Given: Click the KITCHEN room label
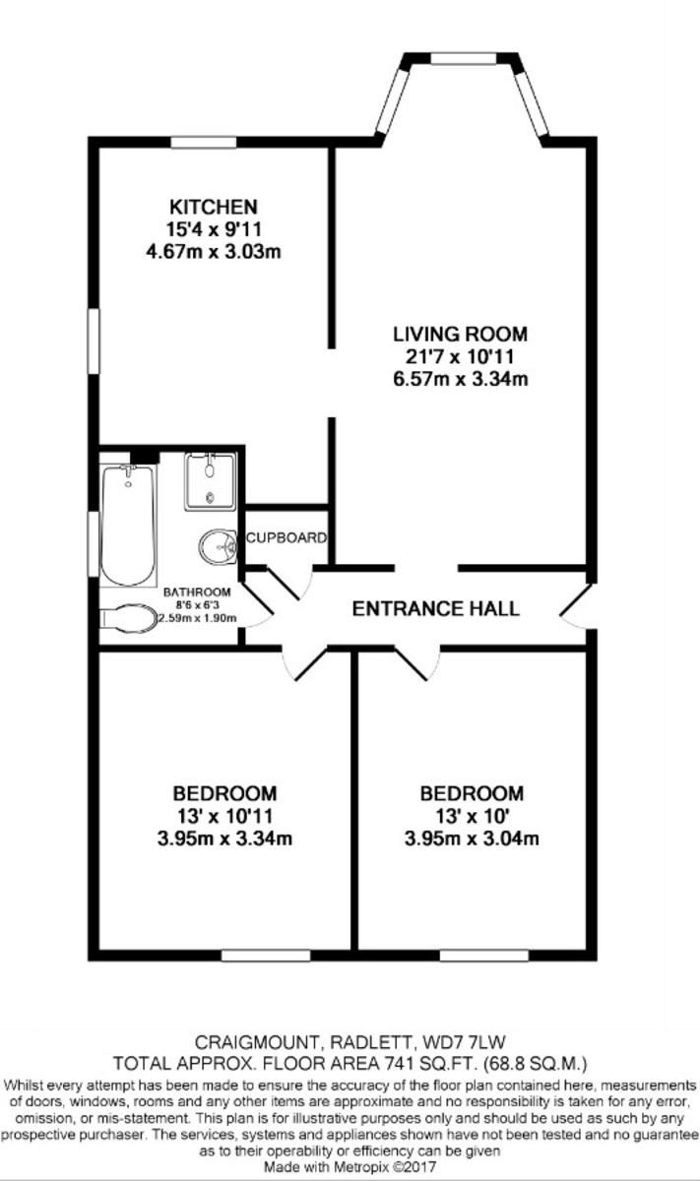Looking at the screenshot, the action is (213, 206).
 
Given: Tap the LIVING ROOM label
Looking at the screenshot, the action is (460, 334).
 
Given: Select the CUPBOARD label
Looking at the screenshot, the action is (286, 537).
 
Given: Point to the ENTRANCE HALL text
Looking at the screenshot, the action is (436, 609).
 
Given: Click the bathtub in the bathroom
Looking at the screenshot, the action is (128, 526).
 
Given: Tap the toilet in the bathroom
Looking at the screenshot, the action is (129, 617).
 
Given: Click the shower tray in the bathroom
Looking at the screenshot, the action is (210, 481).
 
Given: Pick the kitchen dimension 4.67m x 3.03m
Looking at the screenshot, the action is (213, 252).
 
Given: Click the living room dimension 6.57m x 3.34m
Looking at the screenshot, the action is (460, 379).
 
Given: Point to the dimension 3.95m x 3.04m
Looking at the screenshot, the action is (472, 839).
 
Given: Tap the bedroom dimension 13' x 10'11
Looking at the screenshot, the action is (224, 816).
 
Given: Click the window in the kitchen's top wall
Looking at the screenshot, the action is (204, 143).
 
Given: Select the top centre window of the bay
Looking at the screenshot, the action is (464, 58).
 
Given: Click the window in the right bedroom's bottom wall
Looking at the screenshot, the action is (483, 955).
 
